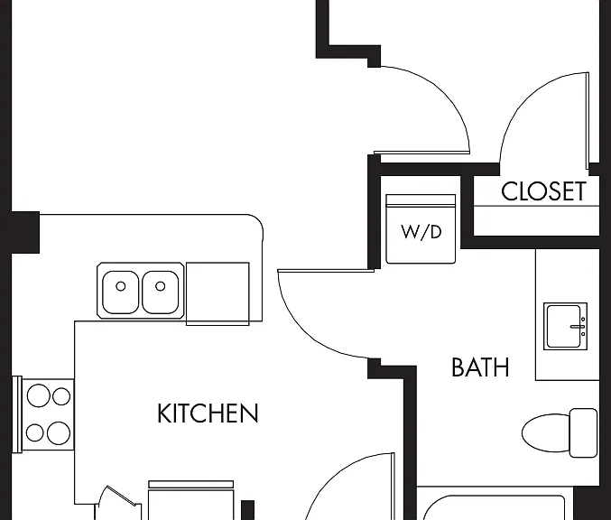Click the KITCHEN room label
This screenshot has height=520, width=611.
(208, 413)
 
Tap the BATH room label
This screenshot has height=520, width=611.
(480, 367)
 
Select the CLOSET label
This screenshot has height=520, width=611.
(543, 191)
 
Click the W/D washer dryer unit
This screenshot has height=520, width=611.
(421, 228)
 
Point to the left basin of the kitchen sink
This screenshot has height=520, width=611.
(120, 292)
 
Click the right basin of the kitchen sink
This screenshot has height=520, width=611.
(161, 292)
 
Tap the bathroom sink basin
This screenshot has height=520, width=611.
(563, 326)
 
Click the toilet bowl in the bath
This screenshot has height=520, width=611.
(545, 433)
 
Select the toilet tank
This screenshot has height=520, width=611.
(583, 432)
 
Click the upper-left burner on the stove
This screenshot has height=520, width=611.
(38, 395)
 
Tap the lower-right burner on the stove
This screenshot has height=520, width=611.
(59, 432)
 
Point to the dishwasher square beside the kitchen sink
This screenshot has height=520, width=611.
(218, 294)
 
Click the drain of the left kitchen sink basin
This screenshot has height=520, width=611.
(121, 286)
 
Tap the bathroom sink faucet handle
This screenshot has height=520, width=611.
(578, 327)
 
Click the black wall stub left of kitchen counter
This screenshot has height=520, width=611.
(25, 233)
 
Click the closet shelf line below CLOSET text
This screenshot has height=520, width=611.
(537, 206)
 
